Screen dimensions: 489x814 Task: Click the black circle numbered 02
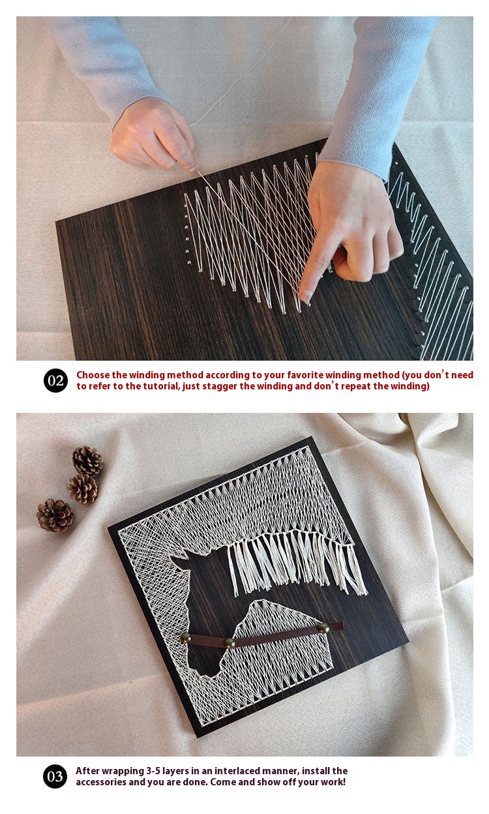55,380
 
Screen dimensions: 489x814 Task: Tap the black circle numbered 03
55,777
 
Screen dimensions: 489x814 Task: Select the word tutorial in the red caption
160,386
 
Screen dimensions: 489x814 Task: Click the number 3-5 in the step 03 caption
153,771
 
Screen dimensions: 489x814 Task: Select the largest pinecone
55,515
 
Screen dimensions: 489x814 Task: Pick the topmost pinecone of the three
87,460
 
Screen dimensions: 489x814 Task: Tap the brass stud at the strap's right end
323,627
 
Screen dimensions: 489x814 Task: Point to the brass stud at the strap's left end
186,637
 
